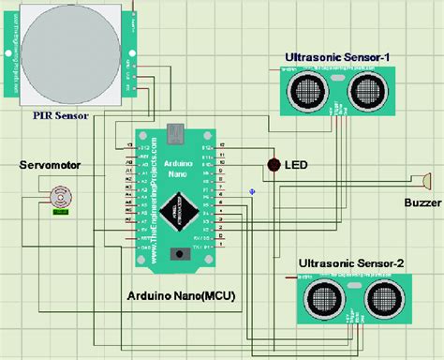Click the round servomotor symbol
point(62,198)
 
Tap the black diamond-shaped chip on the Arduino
point(178,211)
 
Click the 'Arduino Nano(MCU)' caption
point(181,295)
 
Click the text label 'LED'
point(298,166)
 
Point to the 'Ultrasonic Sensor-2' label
point(351,265)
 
